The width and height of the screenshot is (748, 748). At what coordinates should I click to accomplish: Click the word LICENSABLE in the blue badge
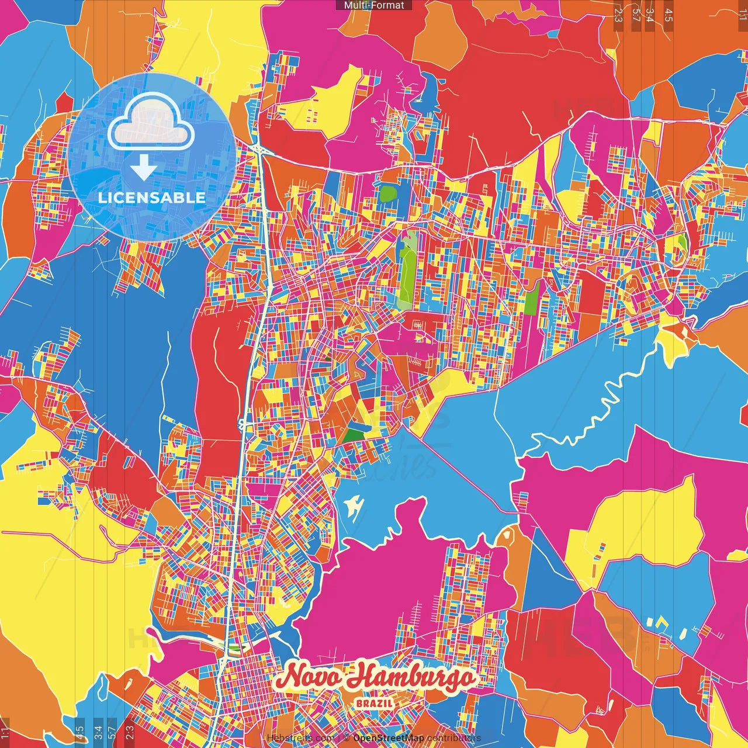151,198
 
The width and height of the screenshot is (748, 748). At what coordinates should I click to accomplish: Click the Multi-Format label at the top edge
374,5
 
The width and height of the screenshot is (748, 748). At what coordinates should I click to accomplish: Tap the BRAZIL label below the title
375,703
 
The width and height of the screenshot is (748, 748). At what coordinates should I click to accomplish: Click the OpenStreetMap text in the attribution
388,738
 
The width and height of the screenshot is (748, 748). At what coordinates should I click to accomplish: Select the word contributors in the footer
453,738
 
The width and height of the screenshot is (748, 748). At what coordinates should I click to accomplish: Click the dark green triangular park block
354,435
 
